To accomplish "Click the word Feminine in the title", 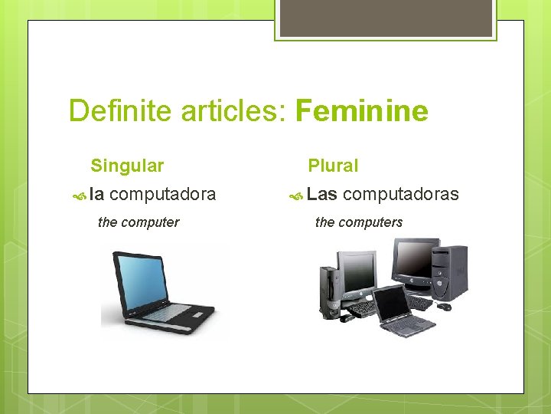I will pyautogui.click(x=361, y=111).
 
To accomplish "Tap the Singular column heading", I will pyautogui.click(x=127, y=166).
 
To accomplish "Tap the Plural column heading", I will pyautogui.click(x=333, y=166).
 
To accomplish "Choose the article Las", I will pyautogui.click(x=322, y=195).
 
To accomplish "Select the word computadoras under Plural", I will pyautogui.click(x=401, y=195).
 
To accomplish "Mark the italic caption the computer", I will pyautogui.click(x=139, y=222).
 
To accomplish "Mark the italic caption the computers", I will pyautogui.click(x=359, y=222).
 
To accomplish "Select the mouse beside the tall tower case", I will pyautogui.click(x=444, y=307).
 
